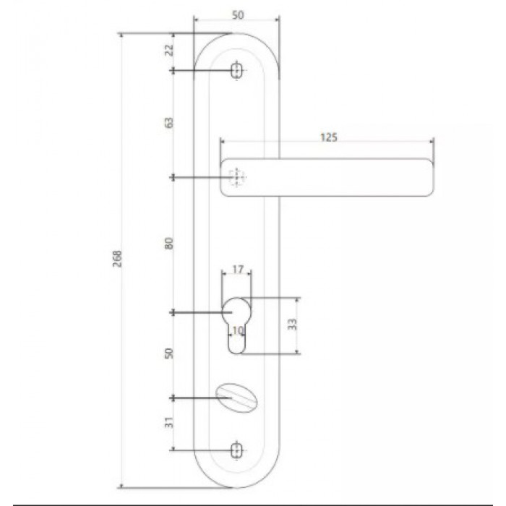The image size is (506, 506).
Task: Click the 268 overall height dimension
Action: pos(118,258)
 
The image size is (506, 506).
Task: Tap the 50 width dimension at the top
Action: pos(238,15)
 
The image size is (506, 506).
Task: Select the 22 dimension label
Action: pos(169,50)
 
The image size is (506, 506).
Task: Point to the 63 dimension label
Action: pos(169,123)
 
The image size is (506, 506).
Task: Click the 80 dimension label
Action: pos(169,243)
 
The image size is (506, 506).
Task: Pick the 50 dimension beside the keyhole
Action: pos(169,353)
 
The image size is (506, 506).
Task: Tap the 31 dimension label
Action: pos(169,422)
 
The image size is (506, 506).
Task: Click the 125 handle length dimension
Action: pos(329,137)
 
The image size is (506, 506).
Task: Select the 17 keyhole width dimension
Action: pos(238,270)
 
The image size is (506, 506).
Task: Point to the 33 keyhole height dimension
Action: pos(292,325)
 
